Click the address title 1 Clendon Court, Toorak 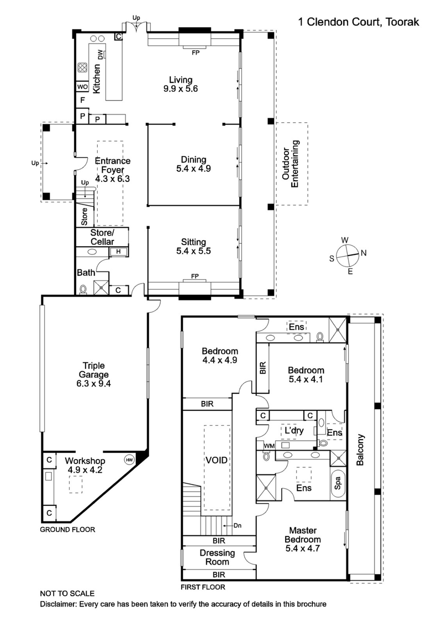click(358, 22)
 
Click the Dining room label click(193, 160)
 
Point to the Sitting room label click(193, 242)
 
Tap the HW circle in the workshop click(129, 460)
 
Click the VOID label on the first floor click(217, 460)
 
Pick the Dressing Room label click(217, 557)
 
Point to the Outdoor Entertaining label click(290, 164)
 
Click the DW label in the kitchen click(101, 54)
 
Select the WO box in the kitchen click(82, 87)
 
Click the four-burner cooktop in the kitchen click(82, 68)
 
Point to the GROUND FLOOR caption click(67, 529)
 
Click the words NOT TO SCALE click(67, 593)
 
